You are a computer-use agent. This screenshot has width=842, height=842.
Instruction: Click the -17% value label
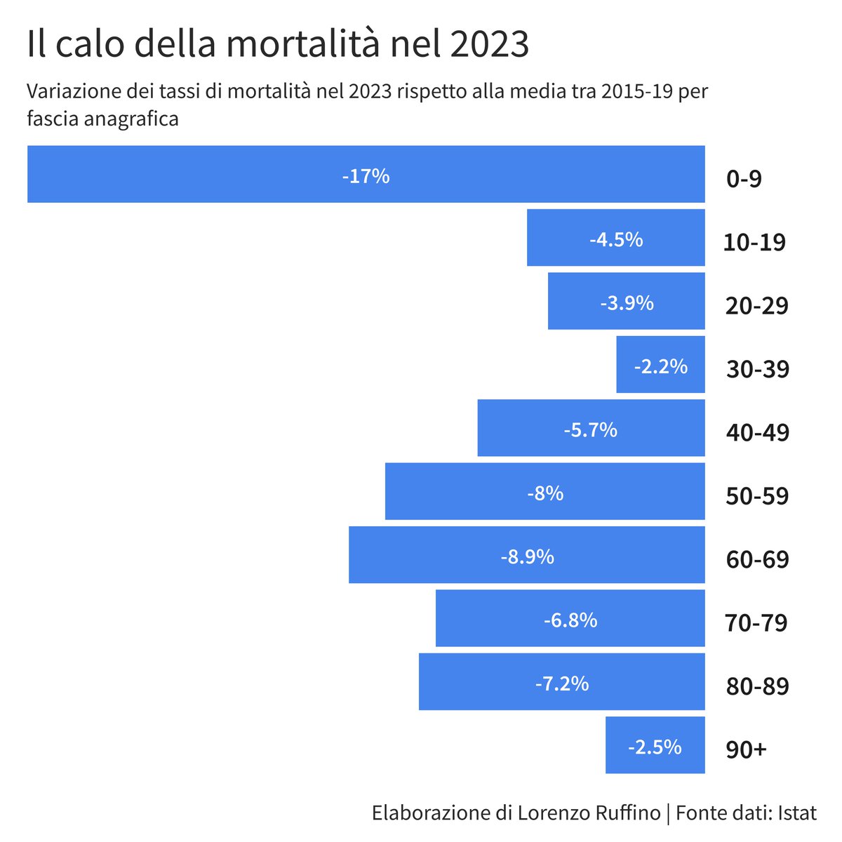click(366, 176)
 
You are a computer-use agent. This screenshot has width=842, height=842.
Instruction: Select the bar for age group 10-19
click(615, 238)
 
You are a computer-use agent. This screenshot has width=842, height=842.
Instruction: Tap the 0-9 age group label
click(744, 179)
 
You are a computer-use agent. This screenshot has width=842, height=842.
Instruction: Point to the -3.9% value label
click(627, 303)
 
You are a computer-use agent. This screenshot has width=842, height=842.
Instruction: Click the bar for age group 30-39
click(660, 365)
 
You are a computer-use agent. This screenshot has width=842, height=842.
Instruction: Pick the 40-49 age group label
click(757, 432)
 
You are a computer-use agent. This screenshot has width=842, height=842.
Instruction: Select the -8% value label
click(545, 493)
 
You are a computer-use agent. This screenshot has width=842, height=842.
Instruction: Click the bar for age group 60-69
click(526, 555)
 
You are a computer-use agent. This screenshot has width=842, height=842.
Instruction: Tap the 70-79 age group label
click(756, 622)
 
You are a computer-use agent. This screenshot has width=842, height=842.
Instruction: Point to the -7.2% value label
click(561, 683)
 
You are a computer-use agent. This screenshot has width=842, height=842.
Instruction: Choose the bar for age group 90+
click(655, 745)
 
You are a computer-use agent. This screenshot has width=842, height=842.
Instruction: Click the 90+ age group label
click(746, 749)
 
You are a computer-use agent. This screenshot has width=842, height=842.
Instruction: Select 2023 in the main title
click(488, 44)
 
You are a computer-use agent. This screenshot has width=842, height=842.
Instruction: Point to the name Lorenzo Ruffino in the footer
click(589, 813)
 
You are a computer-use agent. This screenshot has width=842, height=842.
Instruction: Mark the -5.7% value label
click(590, 429)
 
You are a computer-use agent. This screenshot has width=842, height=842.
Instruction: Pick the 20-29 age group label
click(757, 306)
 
